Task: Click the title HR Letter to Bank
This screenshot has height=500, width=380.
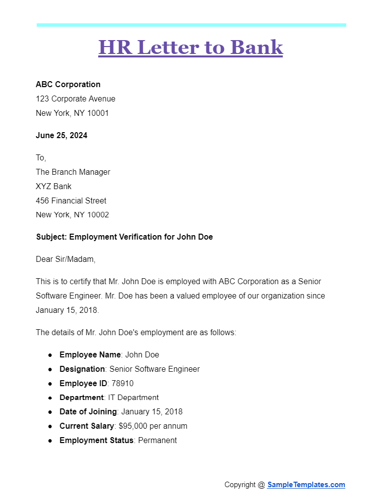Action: coord(190,47)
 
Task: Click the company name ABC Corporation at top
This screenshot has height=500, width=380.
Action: coord(68,84)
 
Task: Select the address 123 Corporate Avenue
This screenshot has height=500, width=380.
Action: coord(75,99)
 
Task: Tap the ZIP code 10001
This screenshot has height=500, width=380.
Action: coord(98,113)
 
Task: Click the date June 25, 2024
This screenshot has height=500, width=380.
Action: coord(62,135)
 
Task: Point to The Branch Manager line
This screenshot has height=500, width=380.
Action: coord(73,172)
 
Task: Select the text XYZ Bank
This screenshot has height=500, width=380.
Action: coord(54,186)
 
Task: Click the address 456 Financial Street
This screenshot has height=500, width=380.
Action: coord(71,200)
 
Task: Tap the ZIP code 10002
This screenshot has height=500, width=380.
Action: coord(98,215)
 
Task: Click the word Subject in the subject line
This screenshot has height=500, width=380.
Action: coord(51,237)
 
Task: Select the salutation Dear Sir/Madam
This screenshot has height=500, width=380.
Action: coord(65,259)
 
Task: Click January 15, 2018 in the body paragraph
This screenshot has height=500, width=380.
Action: coord(67,310)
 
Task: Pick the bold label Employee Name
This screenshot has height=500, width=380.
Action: coord(90,354)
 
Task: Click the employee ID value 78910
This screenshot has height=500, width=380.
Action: coord(122,383)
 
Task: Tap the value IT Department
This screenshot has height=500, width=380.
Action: coord(133,398)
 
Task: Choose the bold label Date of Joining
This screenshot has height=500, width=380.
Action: coord(88,411)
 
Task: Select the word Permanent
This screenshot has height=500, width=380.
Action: coord(157,440)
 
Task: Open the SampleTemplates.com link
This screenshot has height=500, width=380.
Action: coord(306,485)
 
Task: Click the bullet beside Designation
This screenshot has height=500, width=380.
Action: coord(50,369)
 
